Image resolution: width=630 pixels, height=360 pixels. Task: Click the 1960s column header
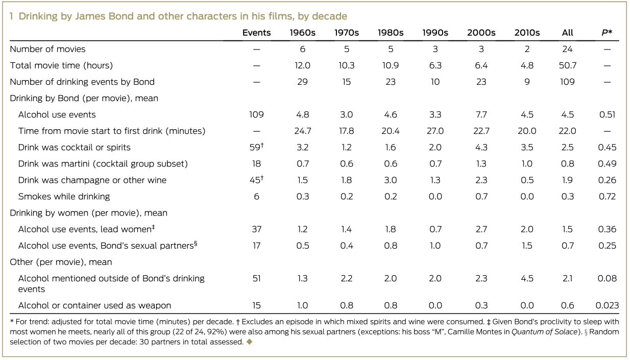point(302,33)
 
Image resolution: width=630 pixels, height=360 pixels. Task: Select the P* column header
point(607,33)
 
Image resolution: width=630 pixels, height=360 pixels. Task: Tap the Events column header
point(256,33)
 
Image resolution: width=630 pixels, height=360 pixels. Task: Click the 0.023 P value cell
point(607,305)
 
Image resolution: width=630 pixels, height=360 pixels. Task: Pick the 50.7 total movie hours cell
point(567,65)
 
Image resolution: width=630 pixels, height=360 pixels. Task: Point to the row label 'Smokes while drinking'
point(64,196)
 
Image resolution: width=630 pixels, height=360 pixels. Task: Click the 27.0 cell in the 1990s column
point(435,131)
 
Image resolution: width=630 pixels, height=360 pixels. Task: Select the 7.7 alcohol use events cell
point(481,114)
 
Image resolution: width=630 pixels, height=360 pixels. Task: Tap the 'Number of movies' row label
point(48,49)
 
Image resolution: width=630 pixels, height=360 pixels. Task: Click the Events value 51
point(256,278)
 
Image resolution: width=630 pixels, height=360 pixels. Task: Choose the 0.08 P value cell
point(607,278)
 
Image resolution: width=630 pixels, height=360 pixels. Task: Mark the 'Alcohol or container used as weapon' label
point(94,305)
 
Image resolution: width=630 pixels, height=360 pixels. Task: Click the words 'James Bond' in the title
point(90,16)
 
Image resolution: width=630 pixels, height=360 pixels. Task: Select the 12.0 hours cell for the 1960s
point(302,65)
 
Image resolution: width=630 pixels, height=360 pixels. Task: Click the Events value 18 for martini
point(256,163)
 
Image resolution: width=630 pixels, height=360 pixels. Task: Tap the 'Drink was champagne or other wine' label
point(92,180)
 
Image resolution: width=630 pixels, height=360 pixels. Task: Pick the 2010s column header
point(527,33)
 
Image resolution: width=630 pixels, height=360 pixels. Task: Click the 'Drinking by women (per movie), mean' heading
point(89,212)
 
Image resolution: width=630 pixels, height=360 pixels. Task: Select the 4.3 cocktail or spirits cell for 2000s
point(481,147)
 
